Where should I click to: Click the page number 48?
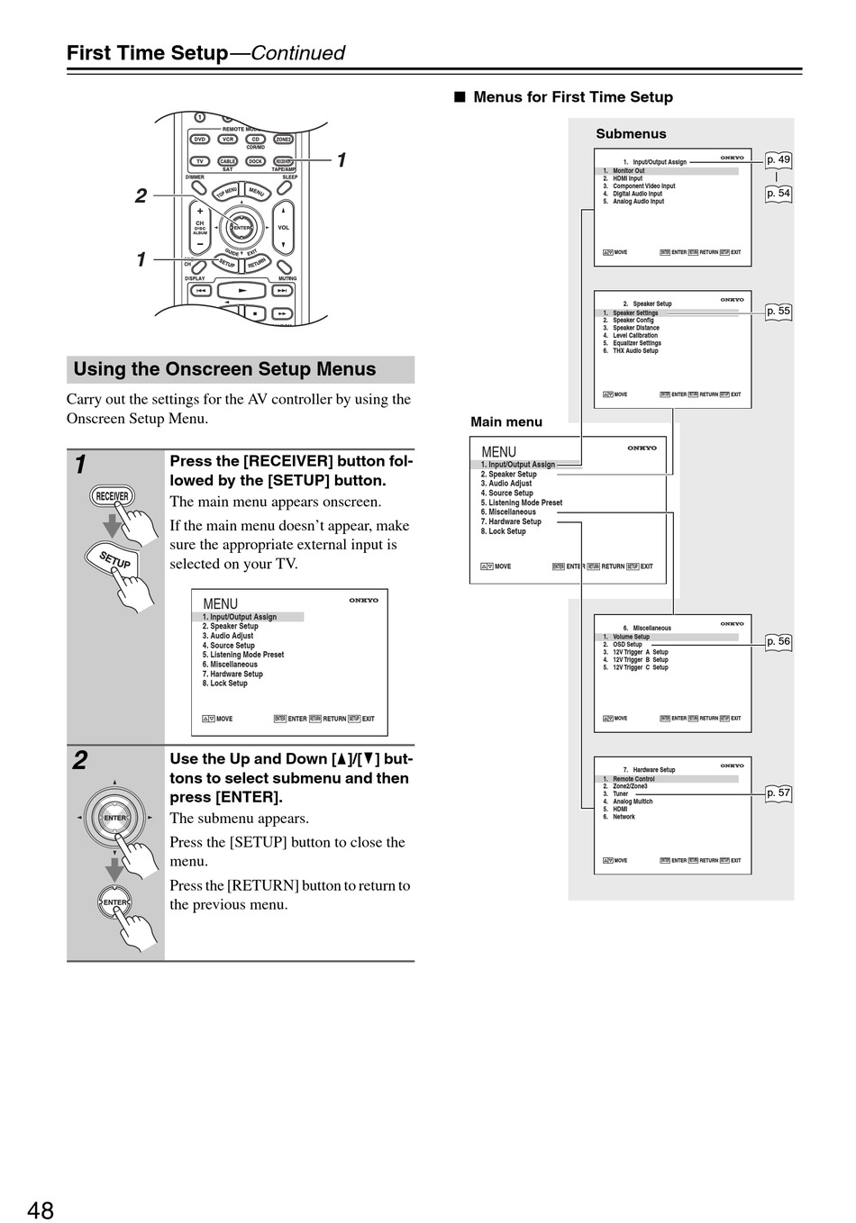[x=41, y=1209]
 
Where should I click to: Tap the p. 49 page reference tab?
[x=779, y=160]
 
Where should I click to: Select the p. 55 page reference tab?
[x=779, y=312]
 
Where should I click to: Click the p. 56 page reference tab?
[x=779, y=642]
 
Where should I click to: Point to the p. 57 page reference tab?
[x=779, y=793]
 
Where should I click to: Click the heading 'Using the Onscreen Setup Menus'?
[x=224, y=369]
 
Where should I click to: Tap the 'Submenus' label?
[x=631, y=134]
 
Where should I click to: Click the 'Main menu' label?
[x=506, y=421]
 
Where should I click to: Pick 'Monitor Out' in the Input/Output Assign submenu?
[x=628, y=171]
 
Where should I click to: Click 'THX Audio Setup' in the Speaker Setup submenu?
[x=635, y=351]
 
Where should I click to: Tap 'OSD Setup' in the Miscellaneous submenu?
[x=627, y=645]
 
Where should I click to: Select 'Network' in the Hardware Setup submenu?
[x=624, y=817]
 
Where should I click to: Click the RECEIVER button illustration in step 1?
[x=113, y=496]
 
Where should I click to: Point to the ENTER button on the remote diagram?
[x=241, y=228]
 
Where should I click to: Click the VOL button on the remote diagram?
[x=283, y=228]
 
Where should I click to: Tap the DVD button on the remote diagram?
[x=200, y=140]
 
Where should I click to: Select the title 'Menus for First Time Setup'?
[x=572, y=97]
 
